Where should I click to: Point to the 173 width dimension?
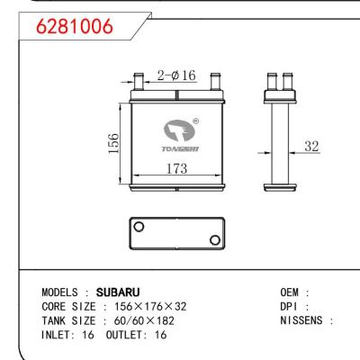click(176, 166)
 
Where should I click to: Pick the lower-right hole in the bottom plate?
click(215, 238)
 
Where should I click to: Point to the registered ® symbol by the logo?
click(196, 121)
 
